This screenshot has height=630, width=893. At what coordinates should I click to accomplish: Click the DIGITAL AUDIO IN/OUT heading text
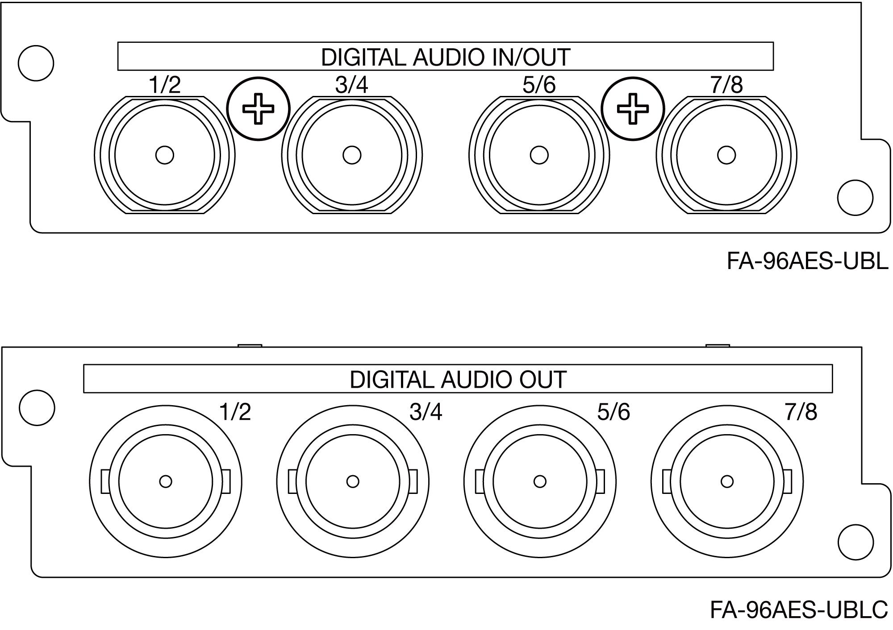(446, 57)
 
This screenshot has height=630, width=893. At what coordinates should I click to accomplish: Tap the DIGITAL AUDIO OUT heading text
(458, 380)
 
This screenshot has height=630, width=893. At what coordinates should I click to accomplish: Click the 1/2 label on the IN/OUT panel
(165, 85)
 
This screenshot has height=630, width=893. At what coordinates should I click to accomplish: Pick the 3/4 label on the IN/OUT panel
(352, 85)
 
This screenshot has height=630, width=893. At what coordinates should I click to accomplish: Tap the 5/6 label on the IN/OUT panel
(539, 85)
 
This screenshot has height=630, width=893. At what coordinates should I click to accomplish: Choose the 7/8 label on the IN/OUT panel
(726, 85)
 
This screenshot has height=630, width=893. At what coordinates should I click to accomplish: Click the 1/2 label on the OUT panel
(235, 412)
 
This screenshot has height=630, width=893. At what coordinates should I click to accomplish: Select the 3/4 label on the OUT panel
(426, 412)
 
